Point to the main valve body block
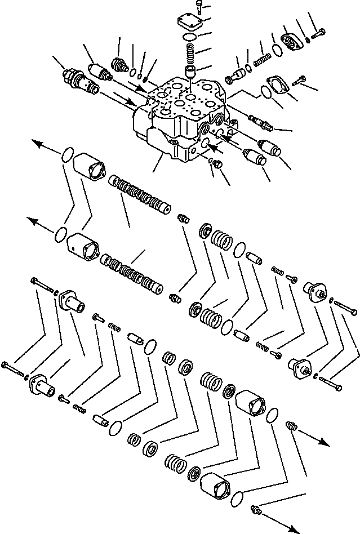(x=177, y=115)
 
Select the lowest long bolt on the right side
(x=332, y=385)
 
